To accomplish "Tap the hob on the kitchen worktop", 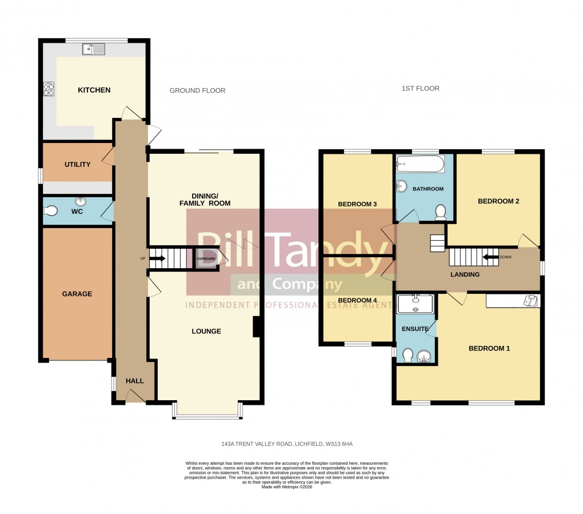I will [49, 89].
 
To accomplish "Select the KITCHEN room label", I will [94, 90].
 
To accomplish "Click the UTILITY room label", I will [77, 165].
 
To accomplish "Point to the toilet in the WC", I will [50, 212].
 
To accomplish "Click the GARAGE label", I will [77, 294].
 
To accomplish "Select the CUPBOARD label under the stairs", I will [206, 259].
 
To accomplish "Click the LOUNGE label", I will [206, 332].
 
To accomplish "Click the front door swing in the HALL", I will [134, 395].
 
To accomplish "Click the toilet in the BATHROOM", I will [441, 213].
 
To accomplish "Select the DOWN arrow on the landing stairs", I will [491, 257].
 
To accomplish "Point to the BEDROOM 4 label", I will [357, 300].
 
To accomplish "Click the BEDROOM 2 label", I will [498, 201].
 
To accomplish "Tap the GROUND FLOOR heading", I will [197, 90].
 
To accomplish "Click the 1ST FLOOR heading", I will [420, 89].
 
